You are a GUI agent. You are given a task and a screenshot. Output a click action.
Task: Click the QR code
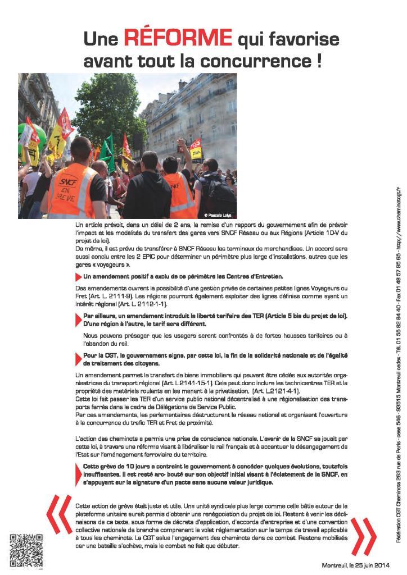tap(26, 551)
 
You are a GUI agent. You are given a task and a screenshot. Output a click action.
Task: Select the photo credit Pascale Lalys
tap(216, 215)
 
